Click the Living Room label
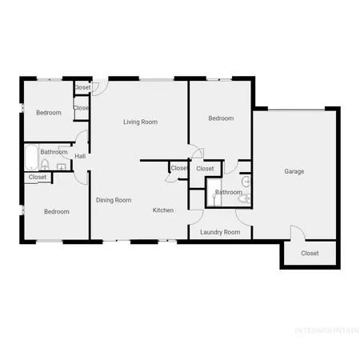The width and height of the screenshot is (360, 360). click(140, 122)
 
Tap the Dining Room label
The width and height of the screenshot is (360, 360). click(114, 200)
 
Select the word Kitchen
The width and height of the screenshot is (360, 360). click(163, 210)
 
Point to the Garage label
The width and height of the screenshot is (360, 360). click(294, 171)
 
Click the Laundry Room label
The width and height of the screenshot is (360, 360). click(220, 232)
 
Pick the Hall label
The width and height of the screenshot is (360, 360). click(80, 156)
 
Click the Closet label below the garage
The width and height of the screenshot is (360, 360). click(310, 254)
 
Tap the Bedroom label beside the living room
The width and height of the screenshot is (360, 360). click(221, 118)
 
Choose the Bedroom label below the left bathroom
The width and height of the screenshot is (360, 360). click(56, 212)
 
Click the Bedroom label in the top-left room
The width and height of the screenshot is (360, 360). click(48, 113)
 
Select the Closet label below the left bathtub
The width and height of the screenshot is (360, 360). click(38, 178)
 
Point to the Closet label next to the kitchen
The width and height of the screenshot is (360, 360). click(178, 168)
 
